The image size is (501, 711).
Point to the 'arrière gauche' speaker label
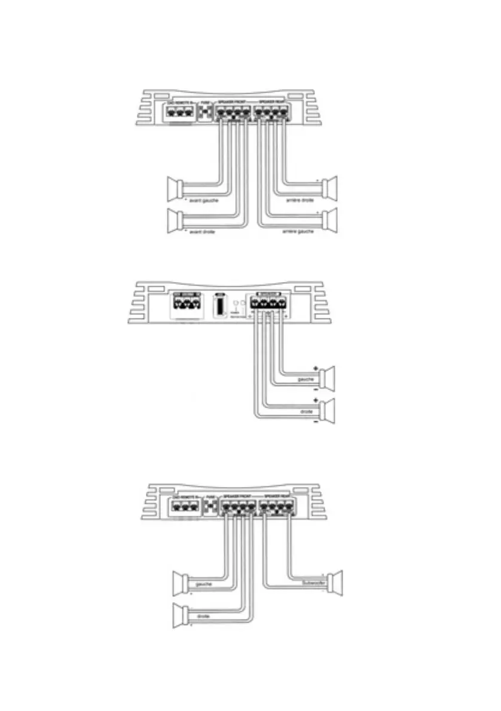coord(297,232)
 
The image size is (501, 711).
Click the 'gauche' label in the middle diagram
coord(306,379)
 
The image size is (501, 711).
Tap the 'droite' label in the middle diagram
coord(306,412)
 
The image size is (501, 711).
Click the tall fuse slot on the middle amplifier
coord(219,307)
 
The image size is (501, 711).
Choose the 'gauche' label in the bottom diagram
coord(204,584)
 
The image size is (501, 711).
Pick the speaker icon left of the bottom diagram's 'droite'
coord(180,616)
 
